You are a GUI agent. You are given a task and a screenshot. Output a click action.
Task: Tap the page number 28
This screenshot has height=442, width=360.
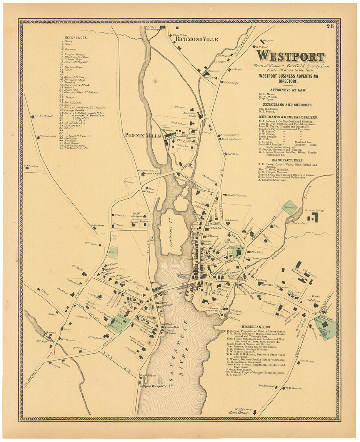click(330, 27)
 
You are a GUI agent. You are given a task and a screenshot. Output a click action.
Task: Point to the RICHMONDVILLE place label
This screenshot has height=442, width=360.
click(196, 39)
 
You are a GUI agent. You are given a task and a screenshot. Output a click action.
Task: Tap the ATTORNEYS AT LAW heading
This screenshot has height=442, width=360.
click(290, 89)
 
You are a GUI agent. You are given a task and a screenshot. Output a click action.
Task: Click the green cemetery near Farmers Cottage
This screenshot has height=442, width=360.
click(290, 208)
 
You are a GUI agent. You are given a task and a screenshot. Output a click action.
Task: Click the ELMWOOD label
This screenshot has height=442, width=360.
click(267, 285)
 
